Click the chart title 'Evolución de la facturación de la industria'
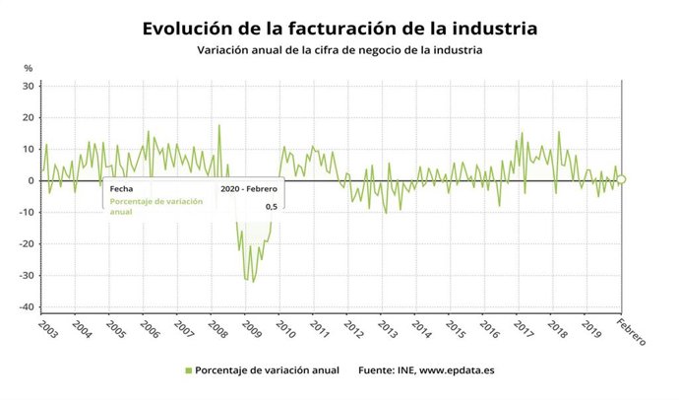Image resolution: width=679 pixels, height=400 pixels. [x=339, y=28]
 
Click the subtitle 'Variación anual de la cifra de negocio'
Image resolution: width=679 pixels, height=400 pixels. [x=339, y=50]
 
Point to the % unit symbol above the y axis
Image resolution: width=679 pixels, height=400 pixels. [x=29, y=68]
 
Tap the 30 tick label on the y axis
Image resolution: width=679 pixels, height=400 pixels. [x=29, y=87]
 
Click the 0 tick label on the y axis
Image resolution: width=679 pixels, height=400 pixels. [x=31, y=181]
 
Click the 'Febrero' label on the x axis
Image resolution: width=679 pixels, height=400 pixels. [x=631, y=334]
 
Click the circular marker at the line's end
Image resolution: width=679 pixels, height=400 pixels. [x=621, y=179]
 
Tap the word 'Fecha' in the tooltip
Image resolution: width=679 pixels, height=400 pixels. [x=121, y=187]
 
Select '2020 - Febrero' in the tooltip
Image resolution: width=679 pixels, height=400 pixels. [x=250, y=187]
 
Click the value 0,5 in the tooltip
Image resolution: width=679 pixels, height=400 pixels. [x=272, y=207]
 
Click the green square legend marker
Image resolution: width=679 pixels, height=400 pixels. [x=188, y=370]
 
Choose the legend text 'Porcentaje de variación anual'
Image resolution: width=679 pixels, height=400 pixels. [x=267, y=370]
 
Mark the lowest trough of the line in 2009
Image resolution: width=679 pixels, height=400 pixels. [x=253, y=282]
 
